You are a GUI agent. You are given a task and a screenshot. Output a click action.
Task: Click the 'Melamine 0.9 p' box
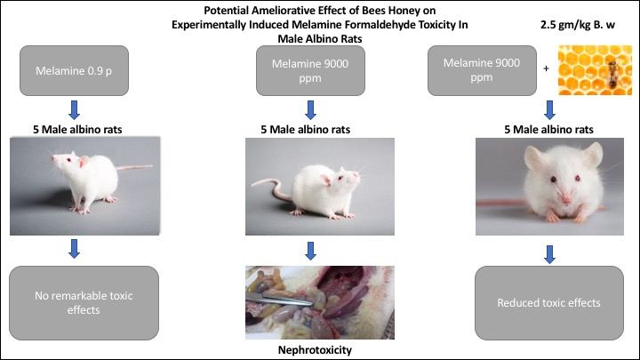[74, 70]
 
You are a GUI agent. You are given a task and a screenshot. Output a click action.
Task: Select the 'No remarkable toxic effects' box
[84, 303]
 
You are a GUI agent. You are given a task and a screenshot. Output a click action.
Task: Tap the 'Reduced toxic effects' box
[549, 303]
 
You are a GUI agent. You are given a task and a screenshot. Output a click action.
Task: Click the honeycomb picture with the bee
[595, 70]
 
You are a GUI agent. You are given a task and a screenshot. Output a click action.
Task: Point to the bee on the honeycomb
[612, 73]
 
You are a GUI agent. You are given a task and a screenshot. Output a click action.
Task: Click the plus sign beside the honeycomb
[546, 68]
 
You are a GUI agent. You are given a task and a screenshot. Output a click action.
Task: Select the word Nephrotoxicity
[315, 350]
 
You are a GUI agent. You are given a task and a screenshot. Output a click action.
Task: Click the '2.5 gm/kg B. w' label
[578, 25]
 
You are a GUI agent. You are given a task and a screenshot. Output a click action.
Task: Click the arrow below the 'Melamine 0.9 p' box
[74, 110]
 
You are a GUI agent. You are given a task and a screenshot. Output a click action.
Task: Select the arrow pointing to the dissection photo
[310, 251]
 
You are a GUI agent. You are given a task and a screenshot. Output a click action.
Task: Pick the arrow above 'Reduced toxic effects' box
[549, 254]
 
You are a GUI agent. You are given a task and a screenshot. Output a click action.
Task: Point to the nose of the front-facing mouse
[566, 199]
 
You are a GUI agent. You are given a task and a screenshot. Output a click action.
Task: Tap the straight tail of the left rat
[135, 167]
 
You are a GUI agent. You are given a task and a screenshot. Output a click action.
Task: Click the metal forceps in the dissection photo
[280, 300]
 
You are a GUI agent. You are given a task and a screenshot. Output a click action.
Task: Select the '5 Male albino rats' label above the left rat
[77, 130]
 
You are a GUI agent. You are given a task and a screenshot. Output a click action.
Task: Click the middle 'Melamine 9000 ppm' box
[310, 70]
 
